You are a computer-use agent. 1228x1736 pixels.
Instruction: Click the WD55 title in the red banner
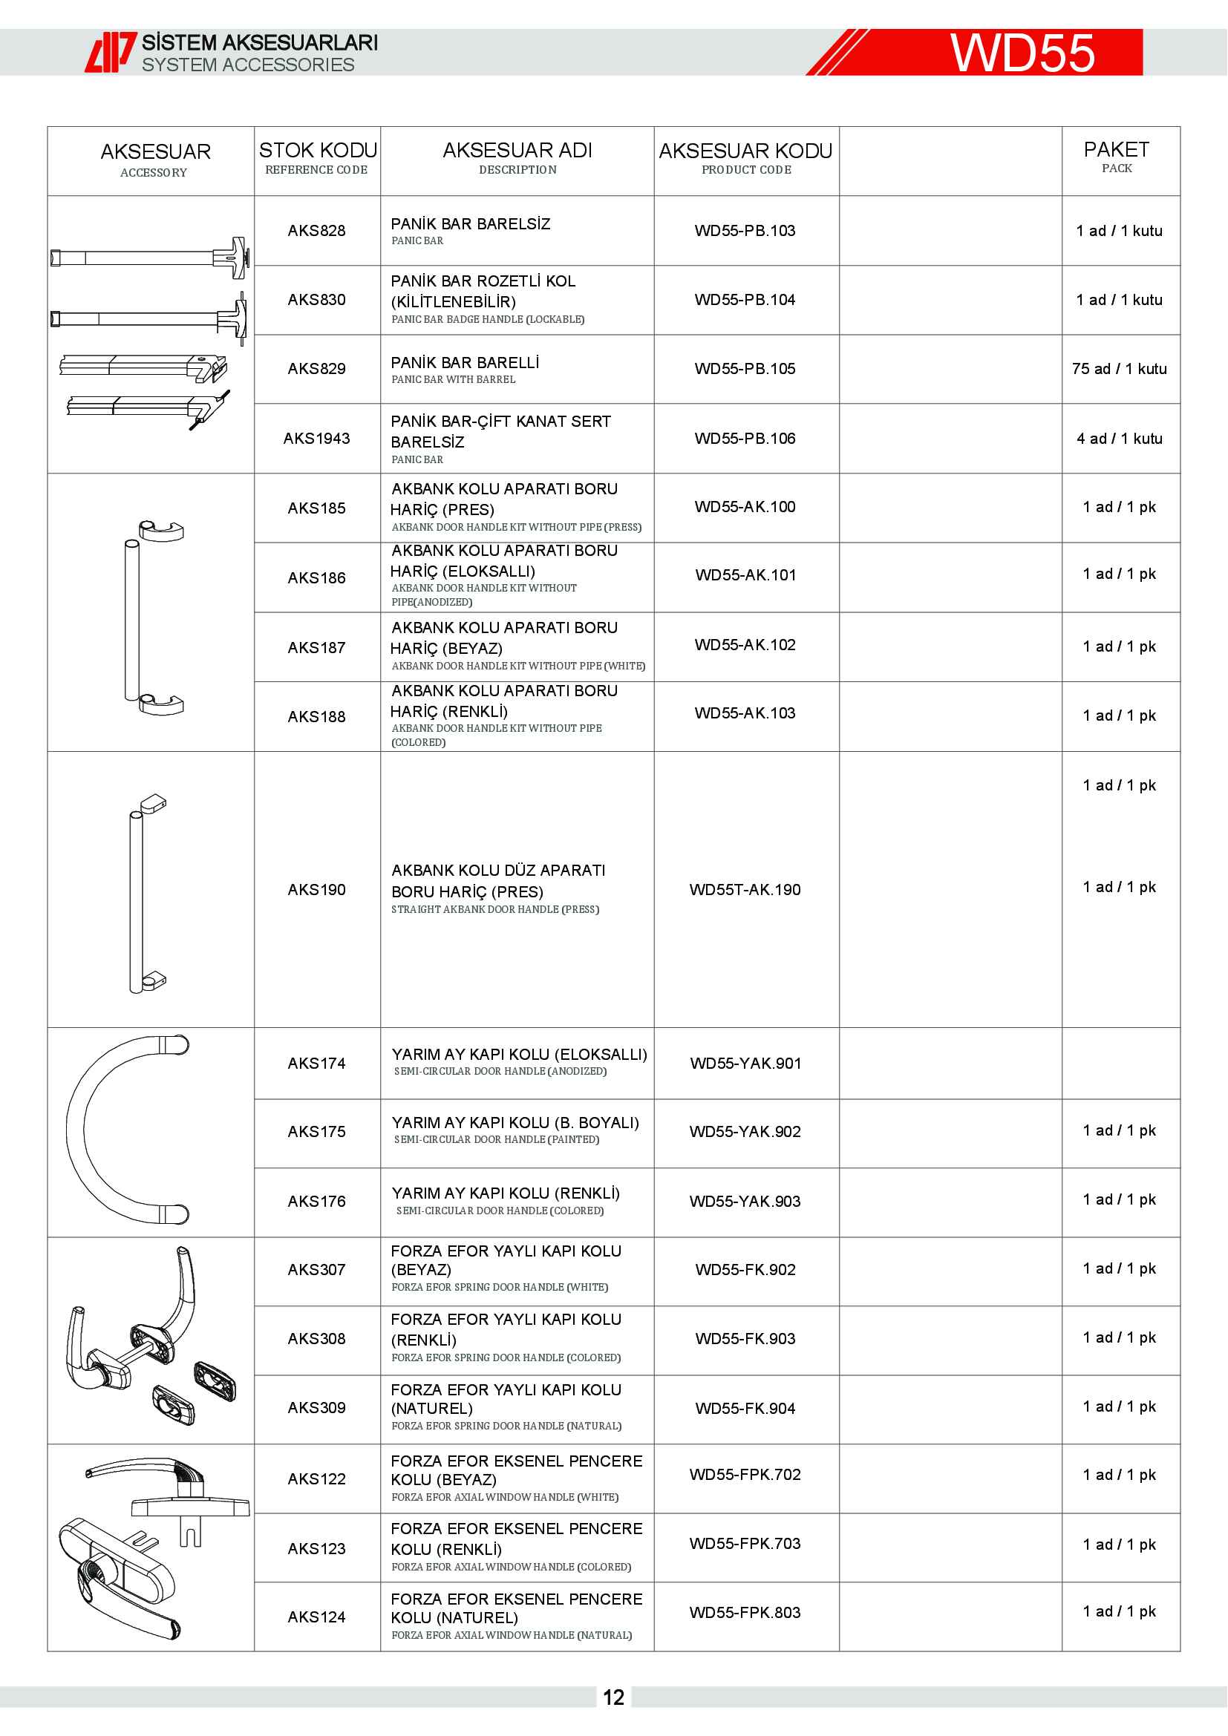click(x=1022, y=53)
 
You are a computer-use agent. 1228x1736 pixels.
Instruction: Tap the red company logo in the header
click(x=111, y=52)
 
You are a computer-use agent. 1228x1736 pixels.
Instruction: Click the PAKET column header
click(x=1116, y=157)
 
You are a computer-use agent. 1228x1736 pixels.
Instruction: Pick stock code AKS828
click(x=317, y=231)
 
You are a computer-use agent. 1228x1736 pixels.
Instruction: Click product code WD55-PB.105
click(x=745, y=369)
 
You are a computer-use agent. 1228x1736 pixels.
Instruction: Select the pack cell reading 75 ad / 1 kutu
click(x=1119, y=369)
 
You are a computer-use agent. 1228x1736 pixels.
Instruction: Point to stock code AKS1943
click(x=317, y=439)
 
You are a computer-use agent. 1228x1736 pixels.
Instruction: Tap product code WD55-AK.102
click(x=745, y=645)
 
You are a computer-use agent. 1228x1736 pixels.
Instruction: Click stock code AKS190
click(x=317, y=890)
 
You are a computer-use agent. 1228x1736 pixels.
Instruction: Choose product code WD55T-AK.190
click(x=745, y=890)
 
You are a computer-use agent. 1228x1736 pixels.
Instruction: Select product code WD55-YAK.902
click(x=745, y=1132)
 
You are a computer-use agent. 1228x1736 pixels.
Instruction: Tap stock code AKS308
click(x=317, y=1339)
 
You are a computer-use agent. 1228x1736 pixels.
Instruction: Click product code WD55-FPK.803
click(x=745, y=1613)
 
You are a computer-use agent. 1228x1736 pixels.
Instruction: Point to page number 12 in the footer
click(x=613, y=1697)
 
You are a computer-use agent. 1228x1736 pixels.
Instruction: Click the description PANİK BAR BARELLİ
click(x=464, y=363)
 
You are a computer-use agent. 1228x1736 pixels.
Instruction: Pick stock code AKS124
click(x=317, y=1617)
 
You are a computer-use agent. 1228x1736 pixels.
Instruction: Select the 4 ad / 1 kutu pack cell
click(x=1119, y=439)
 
